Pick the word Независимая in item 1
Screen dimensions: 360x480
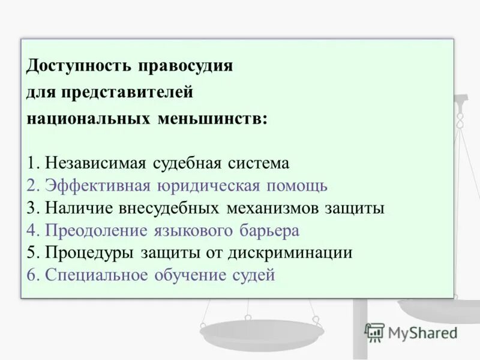pos(96,163)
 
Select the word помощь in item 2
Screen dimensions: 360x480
pos(297,185)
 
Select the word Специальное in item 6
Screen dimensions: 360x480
pos(96,275)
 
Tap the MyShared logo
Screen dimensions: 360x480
pos(412,332)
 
